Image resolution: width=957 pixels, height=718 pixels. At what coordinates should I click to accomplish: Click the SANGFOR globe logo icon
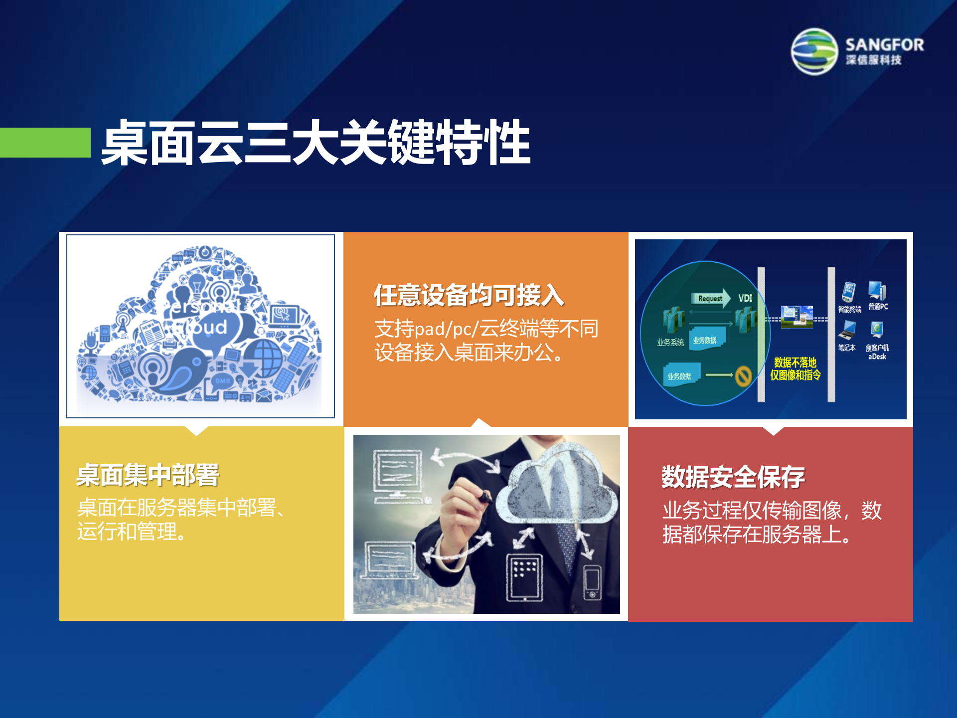coord(814,51)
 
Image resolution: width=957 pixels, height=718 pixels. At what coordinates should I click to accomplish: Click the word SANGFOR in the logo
coord(884,45)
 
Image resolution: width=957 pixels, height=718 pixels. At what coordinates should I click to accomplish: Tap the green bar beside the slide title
coord(45,143)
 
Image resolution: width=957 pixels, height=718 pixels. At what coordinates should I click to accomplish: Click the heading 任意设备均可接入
coord(469,295)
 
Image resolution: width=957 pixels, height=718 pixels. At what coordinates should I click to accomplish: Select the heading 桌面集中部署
coord(148,475)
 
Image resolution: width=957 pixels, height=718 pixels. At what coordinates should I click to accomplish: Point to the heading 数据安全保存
coord(733,477)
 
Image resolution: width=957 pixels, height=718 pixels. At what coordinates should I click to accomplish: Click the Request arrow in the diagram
coord(710,299)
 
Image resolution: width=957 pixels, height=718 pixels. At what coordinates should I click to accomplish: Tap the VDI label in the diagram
coord(745,298)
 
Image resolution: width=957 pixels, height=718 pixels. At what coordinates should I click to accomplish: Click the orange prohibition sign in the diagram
coord(743,376)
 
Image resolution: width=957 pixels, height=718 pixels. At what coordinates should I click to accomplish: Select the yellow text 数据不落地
coord(795,362)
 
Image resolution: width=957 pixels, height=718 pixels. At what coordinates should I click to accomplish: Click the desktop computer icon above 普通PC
coord(877,291)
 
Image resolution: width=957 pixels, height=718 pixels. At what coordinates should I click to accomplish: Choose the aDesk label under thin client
coord(877,357)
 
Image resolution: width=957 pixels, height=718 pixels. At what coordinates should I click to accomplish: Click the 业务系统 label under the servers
coord(670,343)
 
